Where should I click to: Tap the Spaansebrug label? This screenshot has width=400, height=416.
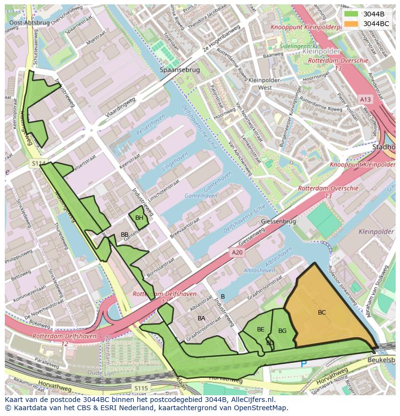point(180,70)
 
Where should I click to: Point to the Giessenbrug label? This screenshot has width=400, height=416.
point(278,221)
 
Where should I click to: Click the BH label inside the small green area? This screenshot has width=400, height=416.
point(139,218)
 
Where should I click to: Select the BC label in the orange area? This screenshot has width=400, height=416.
point(322,313)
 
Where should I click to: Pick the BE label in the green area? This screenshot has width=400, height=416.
point(260,330)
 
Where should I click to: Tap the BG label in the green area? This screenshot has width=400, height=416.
point(283,331)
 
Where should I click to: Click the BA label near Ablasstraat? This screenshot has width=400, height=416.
point(201,318)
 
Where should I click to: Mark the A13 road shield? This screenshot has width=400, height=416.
point(365,99)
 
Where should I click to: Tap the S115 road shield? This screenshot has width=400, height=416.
point(141,388)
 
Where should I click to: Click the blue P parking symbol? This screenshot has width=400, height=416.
point(303,363)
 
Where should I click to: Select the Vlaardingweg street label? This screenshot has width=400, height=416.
point(121,109)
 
